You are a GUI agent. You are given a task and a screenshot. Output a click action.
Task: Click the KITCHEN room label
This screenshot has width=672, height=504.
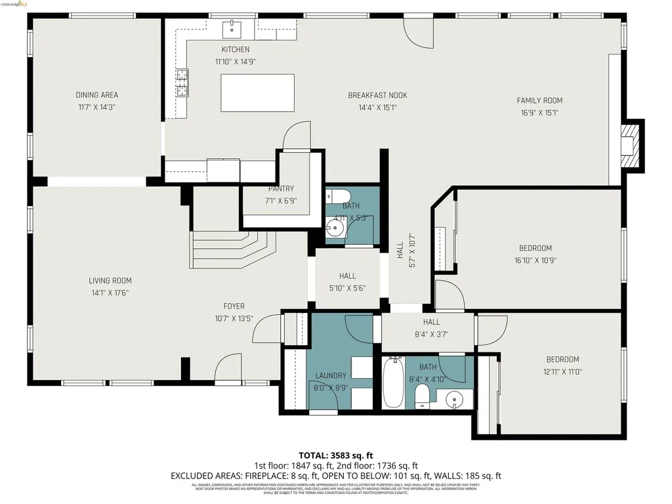click(x=235, y=49)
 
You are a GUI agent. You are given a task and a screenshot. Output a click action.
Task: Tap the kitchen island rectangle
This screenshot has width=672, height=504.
click(x=257, y=93)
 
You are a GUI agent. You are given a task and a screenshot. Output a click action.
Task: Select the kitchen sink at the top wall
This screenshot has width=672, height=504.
click(x=232, y=28)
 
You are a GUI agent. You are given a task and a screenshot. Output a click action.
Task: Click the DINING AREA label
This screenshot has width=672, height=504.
click(x=96, y=95)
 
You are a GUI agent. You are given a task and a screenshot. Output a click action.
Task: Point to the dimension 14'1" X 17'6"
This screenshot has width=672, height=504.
click(x=110, y=293)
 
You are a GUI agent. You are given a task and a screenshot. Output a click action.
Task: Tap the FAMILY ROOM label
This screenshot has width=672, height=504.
click(x=539, y=100)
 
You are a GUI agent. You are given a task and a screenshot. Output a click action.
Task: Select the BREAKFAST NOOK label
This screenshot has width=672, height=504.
click(x=377, y=96)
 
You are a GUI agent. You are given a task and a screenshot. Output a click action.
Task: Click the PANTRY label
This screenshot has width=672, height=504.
click(x=281, y=189)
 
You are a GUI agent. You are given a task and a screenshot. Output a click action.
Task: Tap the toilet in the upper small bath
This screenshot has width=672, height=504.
click(x=339, y=195)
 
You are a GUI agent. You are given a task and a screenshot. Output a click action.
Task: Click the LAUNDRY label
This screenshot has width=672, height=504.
click(x=330, y=375)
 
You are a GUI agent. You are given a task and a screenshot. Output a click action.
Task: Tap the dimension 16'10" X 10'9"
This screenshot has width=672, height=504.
click(x=535, y=260)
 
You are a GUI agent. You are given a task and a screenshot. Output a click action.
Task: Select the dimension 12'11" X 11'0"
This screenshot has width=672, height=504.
click(x=562, y=371)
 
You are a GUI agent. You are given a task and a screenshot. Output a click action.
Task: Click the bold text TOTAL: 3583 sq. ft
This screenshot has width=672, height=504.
click(x=335, y=455)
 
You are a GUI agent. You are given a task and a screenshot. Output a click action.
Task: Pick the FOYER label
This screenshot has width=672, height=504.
click(x=234, y=306)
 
